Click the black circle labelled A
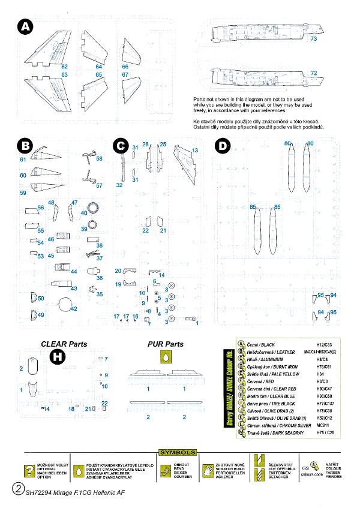(25, 27)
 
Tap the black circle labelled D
(223, 146)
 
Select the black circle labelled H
(58, 357)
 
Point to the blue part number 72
(314, 73)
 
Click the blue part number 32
(119, 186)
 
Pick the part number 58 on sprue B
(99, 159)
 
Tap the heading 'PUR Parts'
(166, 344)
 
